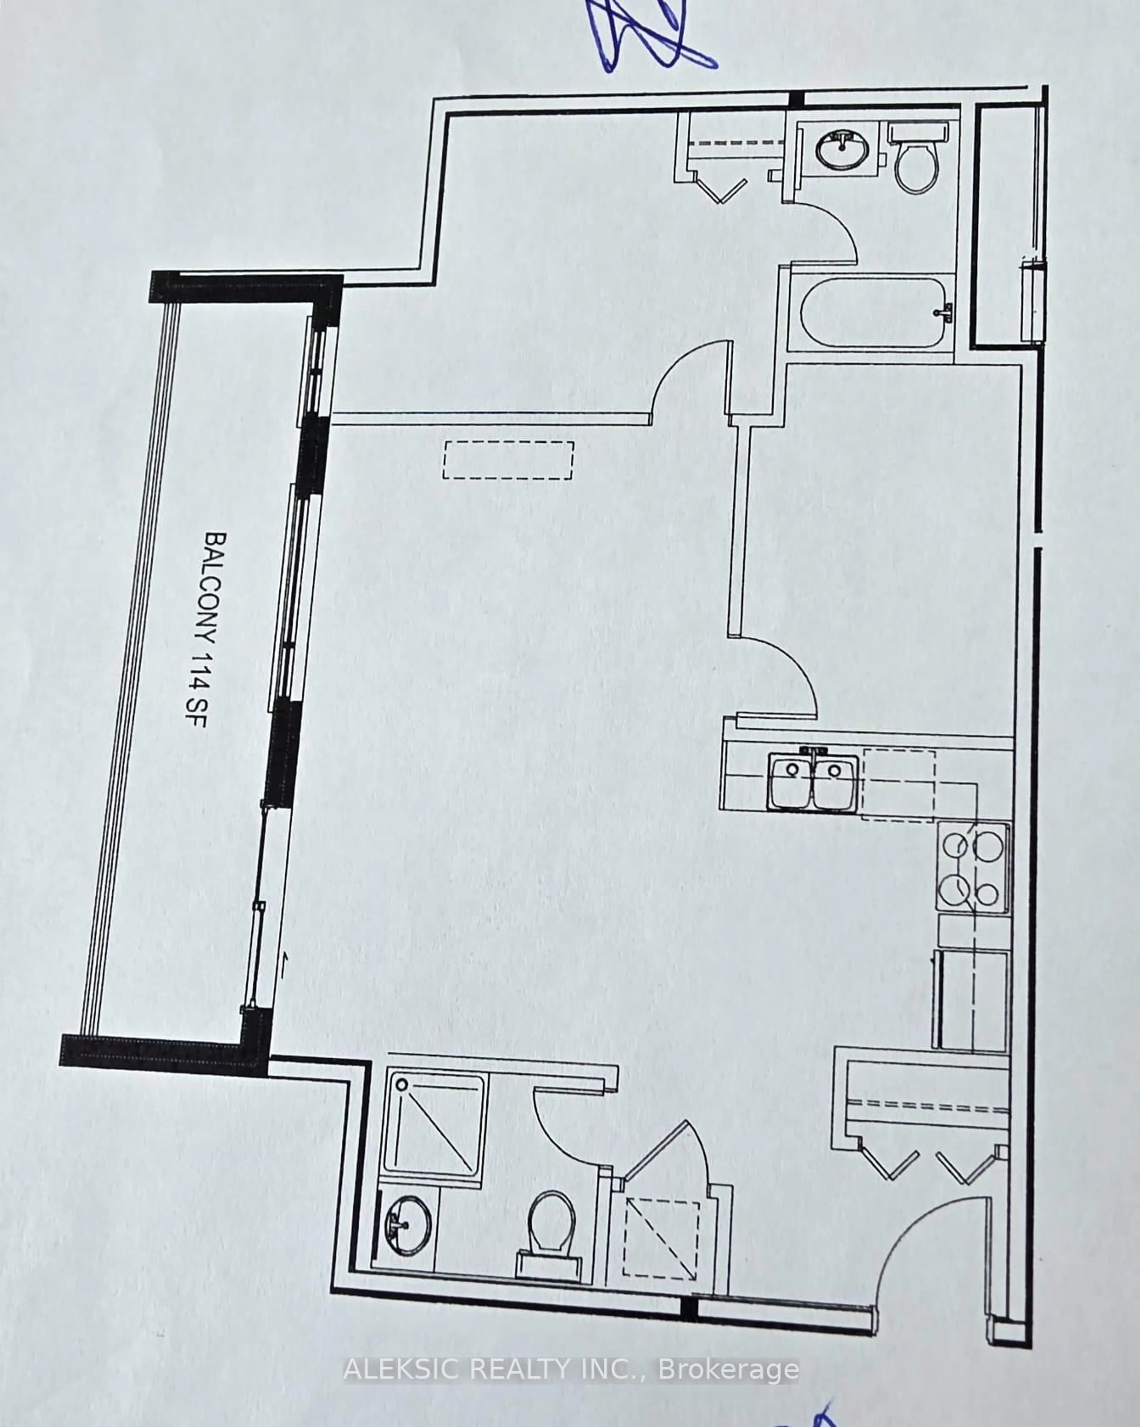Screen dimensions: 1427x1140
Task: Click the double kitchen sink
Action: tap(813, 783)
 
